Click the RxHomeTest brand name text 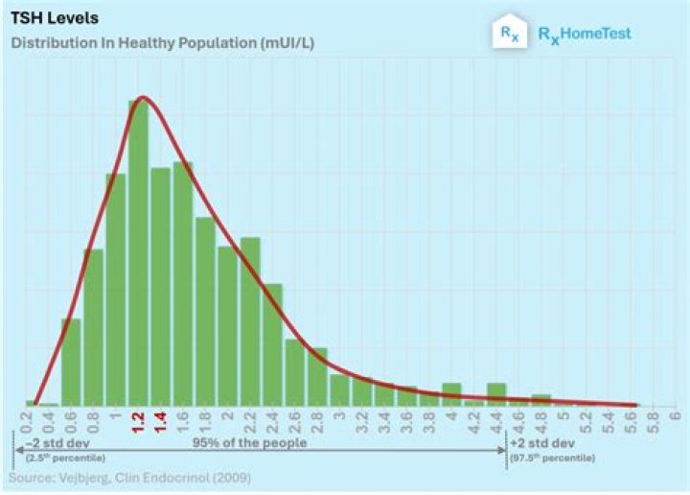(584, 35)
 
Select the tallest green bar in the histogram (139, 249)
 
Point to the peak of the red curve (143, 97)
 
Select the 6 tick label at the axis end (675, 416)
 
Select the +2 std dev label (541, 444)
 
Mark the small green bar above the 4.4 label (496, 393)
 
